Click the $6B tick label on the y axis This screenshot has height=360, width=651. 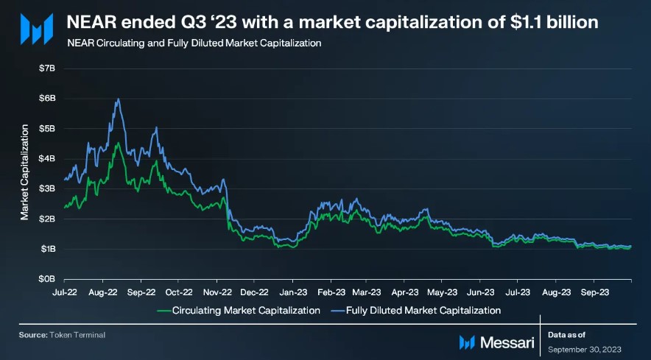[46, 98]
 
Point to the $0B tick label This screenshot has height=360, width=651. [46, 279]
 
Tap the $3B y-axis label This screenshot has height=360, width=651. [46, 188]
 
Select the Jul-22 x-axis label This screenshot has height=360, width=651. [65, 292]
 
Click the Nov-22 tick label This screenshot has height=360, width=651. [216, 292]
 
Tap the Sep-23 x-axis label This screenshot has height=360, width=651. [594, 292]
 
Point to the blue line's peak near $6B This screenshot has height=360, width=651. [118, 99]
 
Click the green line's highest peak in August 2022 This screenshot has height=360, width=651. [117, 143]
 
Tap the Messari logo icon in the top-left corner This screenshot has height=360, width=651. [35, 29]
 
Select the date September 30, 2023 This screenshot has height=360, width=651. [585, 348]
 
